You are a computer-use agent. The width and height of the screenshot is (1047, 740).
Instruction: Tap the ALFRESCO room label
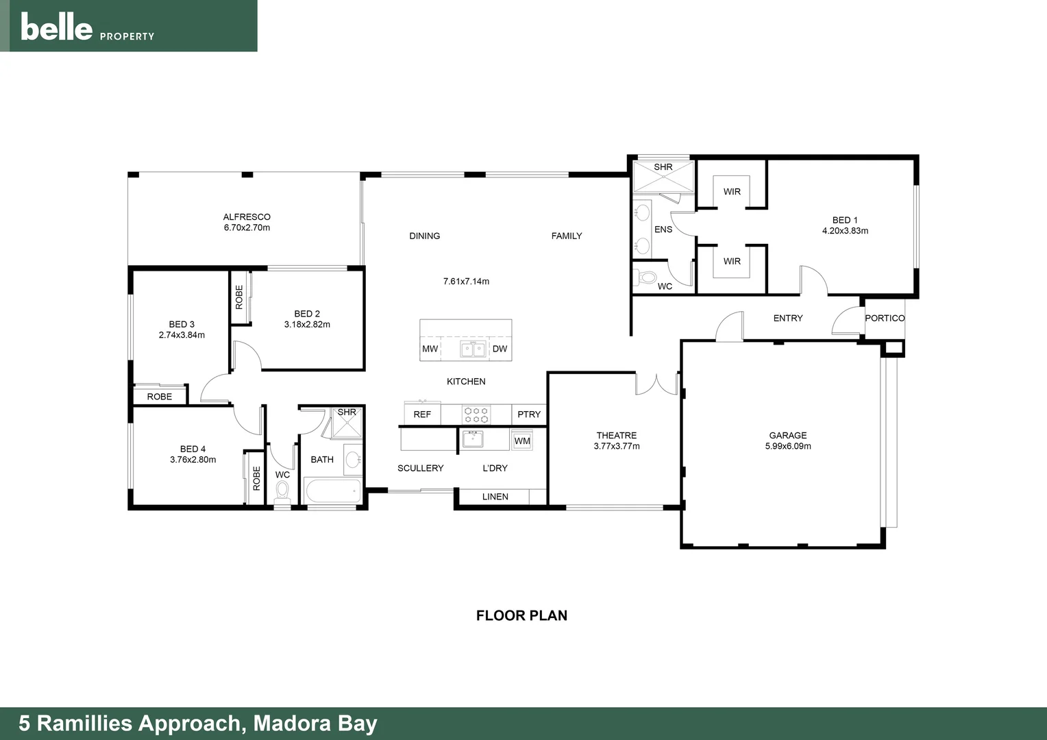pos(247,217)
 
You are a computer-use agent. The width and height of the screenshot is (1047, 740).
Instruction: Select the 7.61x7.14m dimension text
pos(466,282)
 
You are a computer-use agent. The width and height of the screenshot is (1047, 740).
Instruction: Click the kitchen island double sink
pos(473,349)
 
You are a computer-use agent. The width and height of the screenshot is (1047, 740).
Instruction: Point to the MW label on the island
pos(430,349)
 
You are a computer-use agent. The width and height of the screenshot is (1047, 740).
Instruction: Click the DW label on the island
pos(500,349)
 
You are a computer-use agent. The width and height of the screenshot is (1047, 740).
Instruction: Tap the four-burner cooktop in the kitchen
pos(476,415)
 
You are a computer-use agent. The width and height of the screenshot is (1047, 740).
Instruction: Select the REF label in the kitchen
pos(422,415)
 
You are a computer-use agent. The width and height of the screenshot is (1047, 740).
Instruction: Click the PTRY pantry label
pos(529,415)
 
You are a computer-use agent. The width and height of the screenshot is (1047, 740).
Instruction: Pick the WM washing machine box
pos(522,441)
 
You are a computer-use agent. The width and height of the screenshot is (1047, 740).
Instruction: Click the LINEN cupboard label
pos(495,497)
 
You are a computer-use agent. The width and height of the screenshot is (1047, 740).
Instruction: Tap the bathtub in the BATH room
pos(332,491)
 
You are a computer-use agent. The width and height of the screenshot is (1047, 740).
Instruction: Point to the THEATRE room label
pos(616,436)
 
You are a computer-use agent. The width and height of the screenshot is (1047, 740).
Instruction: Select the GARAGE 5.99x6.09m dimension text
pos(788,446)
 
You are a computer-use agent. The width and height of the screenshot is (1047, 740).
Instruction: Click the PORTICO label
pos(885,319)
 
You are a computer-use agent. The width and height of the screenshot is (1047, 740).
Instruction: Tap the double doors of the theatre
pos(656,384)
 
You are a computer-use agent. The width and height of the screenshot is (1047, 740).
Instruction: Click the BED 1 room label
pos(845,220)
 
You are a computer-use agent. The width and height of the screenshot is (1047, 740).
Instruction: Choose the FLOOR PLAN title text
pos(521,615)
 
